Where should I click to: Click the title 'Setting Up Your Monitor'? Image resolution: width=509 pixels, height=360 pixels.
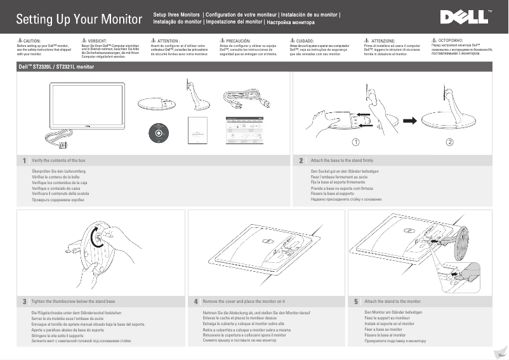79,19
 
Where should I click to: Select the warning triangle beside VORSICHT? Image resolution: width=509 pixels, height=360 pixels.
85,40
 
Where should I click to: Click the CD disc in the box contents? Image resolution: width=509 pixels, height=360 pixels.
157,131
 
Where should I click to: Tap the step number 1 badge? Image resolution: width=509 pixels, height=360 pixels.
24,161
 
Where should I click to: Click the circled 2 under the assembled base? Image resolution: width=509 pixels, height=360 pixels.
449,142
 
